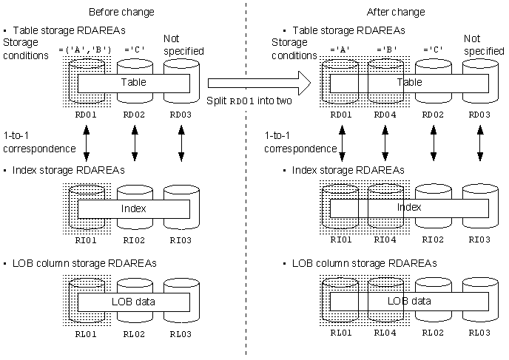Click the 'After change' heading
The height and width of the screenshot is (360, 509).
coord(396,12)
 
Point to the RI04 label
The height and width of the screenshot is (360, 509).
coord(385,240)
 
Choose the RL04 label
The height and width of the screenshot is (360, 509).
coord(385,333)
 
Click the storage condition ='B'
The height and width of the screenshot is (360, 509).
coord(385,51)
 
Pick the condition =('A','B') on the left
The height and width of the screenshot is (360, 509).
coord(84,51)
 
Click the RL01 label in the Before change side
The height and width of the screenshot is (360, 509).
coord(87,333)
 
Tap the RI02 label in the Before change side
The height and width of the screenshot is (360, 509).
coord(134,240)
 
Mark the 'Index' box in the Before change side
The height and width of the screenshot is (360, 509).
coord(134,208)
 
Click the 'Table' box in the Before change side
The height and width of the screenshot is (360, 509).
coord(134,82)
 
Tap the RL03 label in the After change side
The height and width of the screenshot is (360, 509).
coord(480,333)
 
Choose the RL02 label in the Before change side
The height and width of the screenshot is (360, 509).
coord(134,333)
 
